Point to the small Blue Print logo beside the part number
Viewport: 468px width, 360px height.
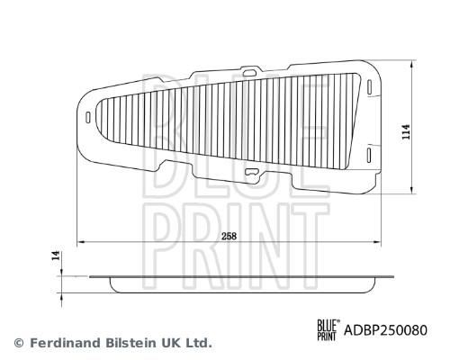(327, 330)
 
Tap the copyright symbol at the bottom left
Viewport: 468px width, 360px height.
(18, 343)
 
